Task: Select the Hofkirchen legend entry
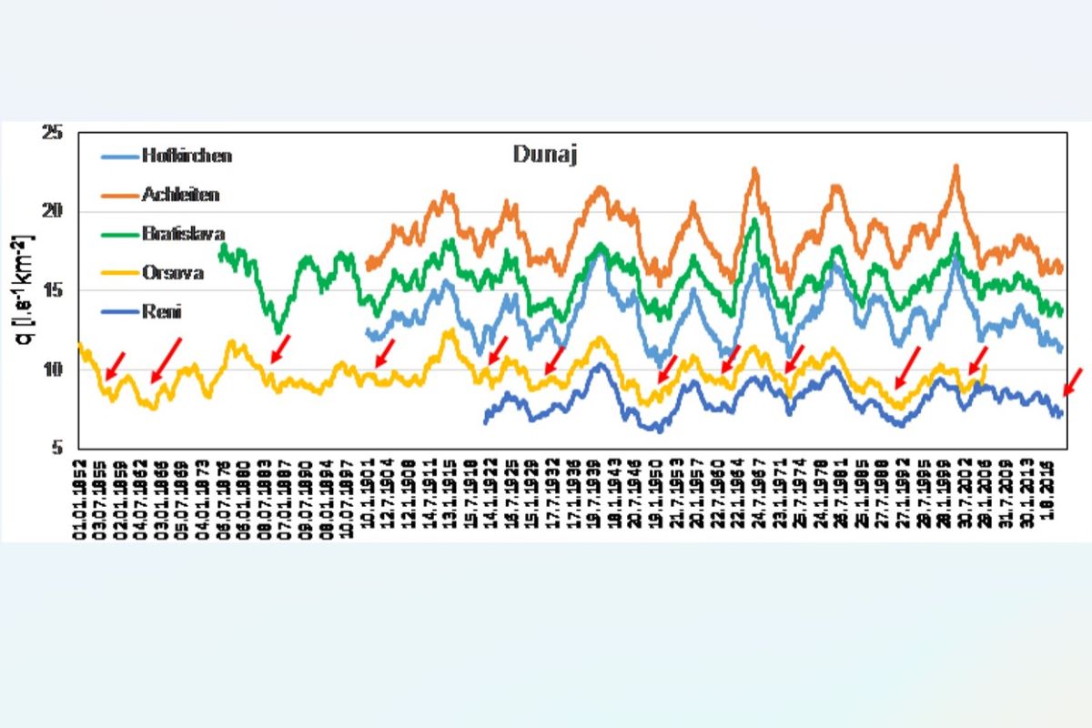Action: tap(187, 156)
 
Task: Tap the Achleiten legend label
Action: tap(180, 194)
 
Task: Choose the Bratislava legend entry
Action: tap(183, 233)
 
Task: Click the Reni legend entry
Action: tap(162, 312)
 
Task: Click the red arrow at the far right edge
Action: tap(1073, 381)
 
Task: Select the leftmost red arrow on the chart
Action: tap(116, 365)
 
